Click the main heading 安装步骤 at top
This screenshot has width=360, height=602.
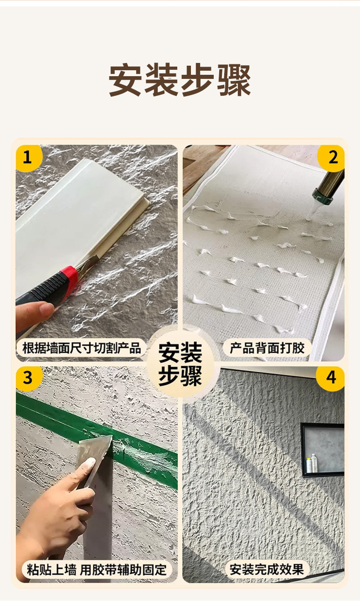(x=180, y=80)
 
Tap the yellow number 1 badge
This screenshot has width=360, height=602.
(x=27, y=158)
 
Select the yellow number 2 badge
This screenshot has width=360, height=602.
(x=333, y=158)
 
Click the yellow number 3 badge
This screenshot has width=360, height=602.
(x=27, y=378)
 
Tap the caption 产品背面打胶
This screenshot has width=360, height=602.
(x=267, y=349)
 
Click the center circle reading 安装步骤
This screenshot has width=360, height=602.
(x=180, y=364)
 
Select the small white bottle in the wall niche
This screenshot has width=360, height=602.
(x=310, y=464)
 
